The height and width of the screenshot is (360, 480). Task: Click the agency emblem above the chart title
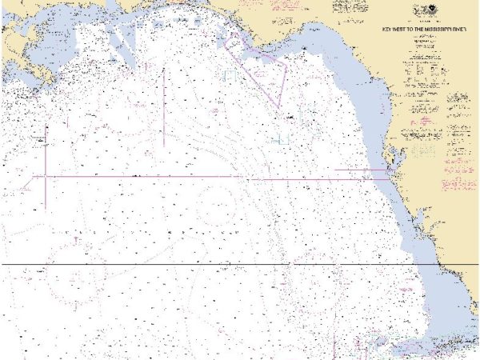click(x=422, y=11)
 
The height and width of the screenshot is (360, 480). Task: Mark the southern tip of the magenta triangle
click(x=278, y=108)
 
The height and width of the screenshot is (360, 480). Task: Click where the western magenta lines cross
click(x=46, y=175)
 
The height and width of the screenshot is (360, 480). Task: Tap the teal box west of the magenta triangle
click(x=231, y=75)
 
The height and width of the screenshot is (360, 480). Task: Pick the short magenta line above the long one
click(x=352, y=170)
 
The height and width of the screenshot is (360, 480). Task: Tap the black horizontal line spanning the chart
click(x=240, y=264)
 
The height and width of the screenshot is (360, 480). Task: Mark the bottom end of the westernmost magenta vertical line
click(x=46, y=208)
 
